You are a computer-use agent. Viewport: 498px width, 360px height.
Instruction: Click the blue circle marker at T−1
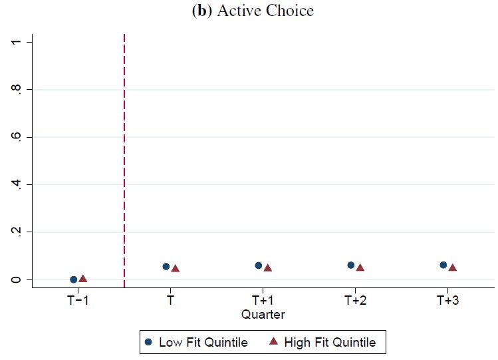click(x=74, y=279)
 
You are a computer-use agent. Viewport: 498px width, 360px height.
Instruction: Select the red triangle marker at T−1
click(x=83, y=279)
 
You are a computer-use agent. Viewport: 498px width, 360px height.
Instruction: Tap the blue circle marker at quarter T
click(x=166, y=266)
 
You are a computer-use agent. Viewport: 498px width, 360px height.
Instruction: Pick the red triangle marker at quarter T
click(x=176, y=268)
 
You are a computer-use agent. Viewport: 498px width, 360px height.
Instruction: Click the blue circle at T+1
click(x=259, y=266)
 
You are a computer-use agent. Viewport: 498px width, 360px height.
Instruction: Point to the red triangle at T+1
click(x=268, y=268)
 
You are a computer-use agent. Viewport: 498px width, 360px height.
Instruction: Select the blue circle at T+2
click(x=351, y=265)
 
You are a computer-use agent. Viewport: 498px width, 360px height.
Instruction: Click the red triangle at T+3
click(x=452, y=268)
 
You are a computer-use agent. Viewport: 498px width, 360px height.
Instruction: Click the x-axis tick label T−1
click(x=78, y=300)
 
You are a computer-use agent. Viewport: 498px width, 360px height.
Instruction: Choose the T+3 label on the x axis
click(x=447, y=300)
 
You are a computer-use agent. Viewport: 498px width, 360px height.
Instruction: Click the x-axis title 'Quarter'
click(x=263, y=313)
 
